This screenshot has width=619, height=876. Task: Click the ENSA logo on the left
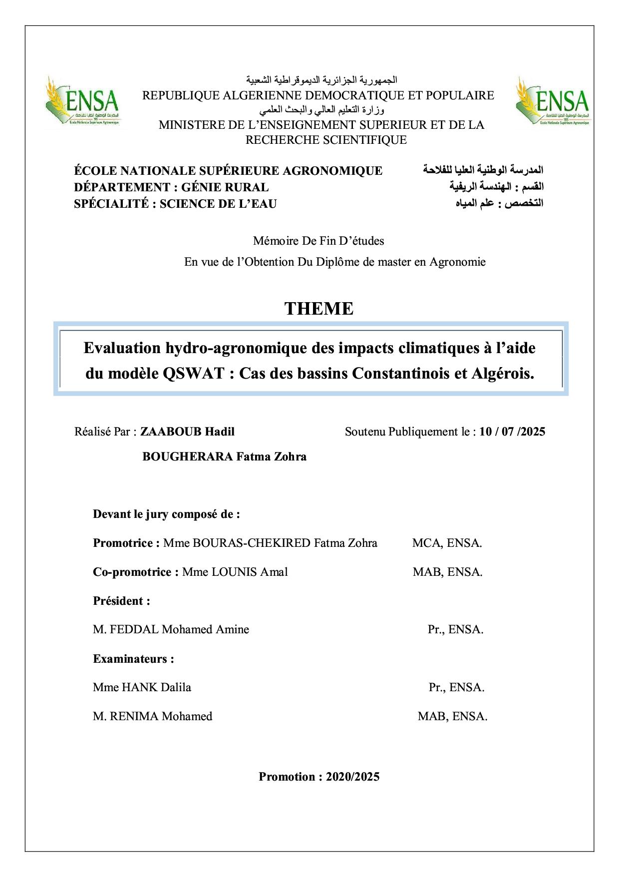pos(82,102)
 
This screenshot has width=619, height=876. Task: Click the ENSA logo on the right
pos(553,102)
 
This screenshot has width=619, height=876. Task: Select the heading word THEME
pos(318,309)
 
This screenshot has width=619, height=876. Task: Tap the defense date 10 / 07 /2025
pos(512,432)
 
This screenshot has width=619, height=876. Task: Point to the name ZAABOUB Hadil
pos(187,432)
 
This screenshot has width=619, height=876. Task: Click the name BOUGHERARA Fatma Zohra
pos(224,456)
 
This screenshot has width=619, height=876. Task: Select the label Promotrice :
pos(126,543)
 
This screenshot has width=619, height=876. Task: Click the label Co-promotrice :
pos(136,572)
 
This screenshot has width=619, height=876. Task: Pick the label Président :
pos(121,601)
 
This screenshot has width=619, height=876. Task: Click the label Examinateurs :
pos(133,659)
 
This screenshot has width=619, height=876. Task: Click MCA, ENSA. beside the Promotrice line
pos(447,543)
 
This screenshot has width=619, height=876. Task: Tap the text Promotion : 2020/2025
pos(318,777)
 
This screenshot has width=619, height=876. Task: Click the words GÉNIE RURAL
pos(225,187)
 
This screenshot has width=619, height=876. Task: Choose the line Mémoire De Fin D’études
pos(318,241)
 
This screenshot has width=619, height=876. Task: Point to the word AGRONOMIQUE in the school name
pos(332,171)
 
